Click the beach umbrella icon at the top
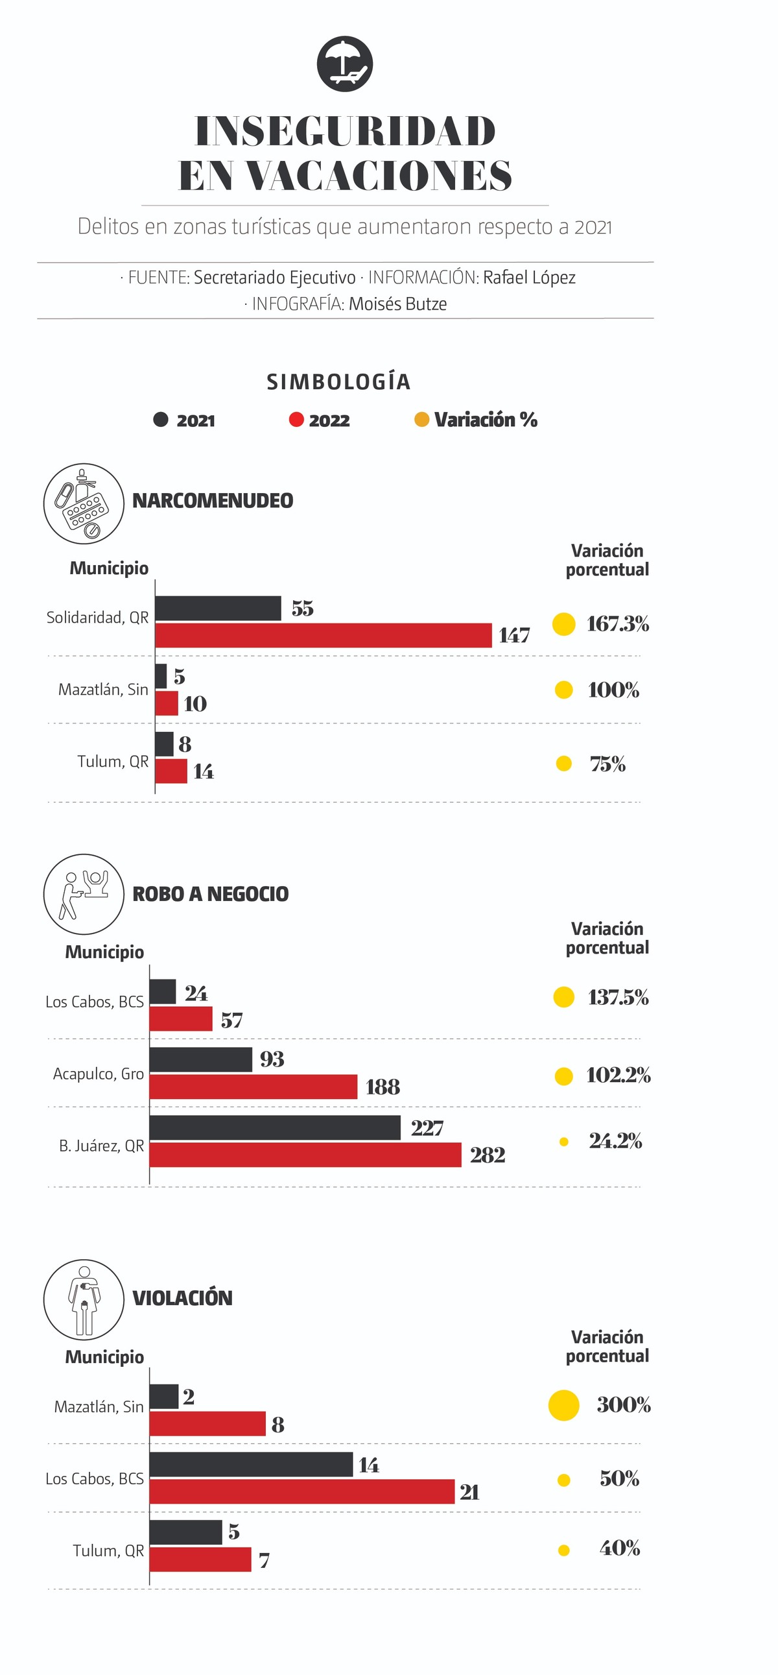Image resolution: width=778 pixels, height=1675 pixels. click(x=344, y=64)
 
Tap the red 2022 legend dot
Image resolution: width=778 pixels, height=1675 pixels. click(x=296, y=420)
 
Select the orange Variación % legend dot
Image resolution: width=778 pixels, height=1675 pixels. click(x=422, y=420)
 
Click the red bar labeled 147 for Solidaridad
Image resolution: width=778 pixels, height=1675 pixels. click(x=323, y=635)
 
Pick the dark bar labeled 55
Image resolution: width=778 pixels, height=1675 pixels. click(x=218, y=608)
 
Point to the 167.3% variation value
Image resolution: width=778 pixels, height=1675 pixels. click(x=617, y=624)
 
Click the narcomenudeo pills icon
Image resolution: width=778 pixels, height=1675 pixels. click(x=84, y=503)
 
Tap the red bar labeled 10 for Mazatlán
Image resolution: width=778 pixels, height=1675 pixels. click(x=167, y=703)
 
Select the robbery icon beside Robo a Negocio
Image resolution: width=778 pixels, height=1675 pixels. click(x=84, y=894)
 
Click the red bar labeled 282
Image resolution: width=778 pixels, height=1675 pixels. click(x=305, y=1155)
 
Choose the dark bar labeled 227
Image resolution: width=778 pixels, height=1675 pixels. click(x=275, y=1127)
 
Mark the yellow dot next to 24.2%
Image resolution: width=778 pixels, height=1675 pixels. click(x=563, y=1142)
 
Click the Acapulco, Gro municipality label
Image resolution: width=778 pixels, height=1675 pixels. click(x=98, y=1074)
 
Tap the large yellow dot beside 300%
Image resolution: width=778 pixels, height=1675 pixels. click(x=563, y=1405)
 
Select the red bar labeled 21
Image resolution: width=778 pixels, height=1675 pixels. click(x=301, y=1491)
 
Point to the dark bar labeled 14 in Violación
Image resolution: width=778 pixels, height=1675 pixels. click(x=251, y=1464)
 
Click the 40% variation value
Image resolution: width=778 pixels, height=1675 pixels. click(x=619, y=1548)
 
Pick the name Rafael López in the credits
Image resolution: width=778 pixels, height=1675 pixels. click(x=529, y=278)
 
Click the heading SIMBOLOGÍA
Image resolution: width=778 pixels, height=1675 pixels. click(x=338, y=381)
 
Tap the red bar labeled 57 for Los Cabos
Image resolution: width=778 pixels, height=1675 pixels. click(x=181, y=1019)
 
